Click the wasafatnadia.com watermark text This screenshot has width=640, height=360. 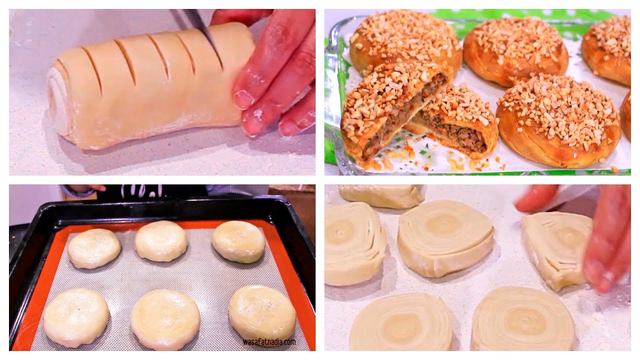click(269, 341)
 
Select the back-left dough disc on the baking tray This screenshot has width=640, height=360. click(94, 248)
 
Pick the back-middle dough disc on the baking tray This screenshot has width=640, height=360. click(161, 240)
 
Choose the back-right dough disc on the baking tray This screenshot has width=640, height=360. click(238, 241)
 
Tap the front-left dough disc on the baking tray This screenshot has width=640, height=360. click(75, 317)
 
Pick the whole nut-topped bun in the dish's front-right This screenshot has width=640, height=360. click(558, 120)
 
